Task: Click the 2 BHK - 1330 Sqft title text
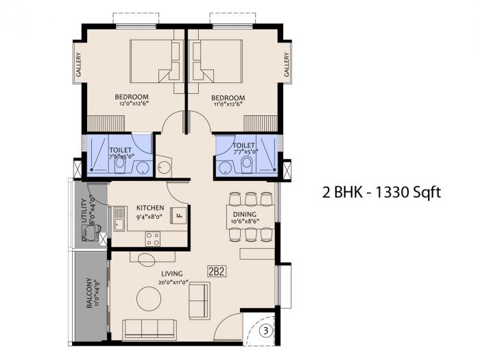point(381,192)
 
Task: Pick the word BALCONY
point(89,293)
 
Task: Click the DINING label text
point(244,213)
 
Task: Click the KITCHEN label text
point(149,207)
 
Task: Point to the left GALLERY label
point(78,66)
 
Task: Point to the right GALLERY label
point(287,66)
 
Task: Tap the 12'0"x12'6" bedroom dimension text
point(132,105)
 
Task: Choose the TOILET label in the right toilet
point(244,145)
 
